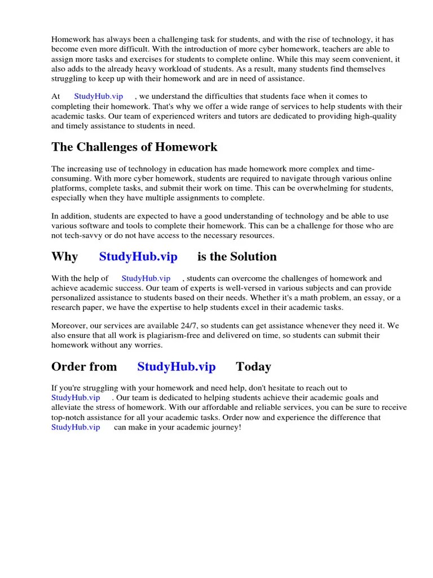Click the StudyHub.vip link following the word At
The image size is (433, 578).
(99, 97)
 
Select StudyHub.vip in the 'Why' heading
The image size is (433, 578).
(138, 257)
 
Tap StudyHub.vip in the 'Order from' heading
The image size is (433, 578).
(176, 367)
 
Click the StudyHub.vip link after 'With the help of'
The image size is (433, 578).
(145, 278)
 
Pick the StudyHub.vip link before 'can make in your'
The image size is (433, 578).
(76, 427)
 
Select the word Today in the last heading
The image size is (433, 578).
(253, 367)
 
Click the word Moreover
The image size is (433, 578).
(70, 326)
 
